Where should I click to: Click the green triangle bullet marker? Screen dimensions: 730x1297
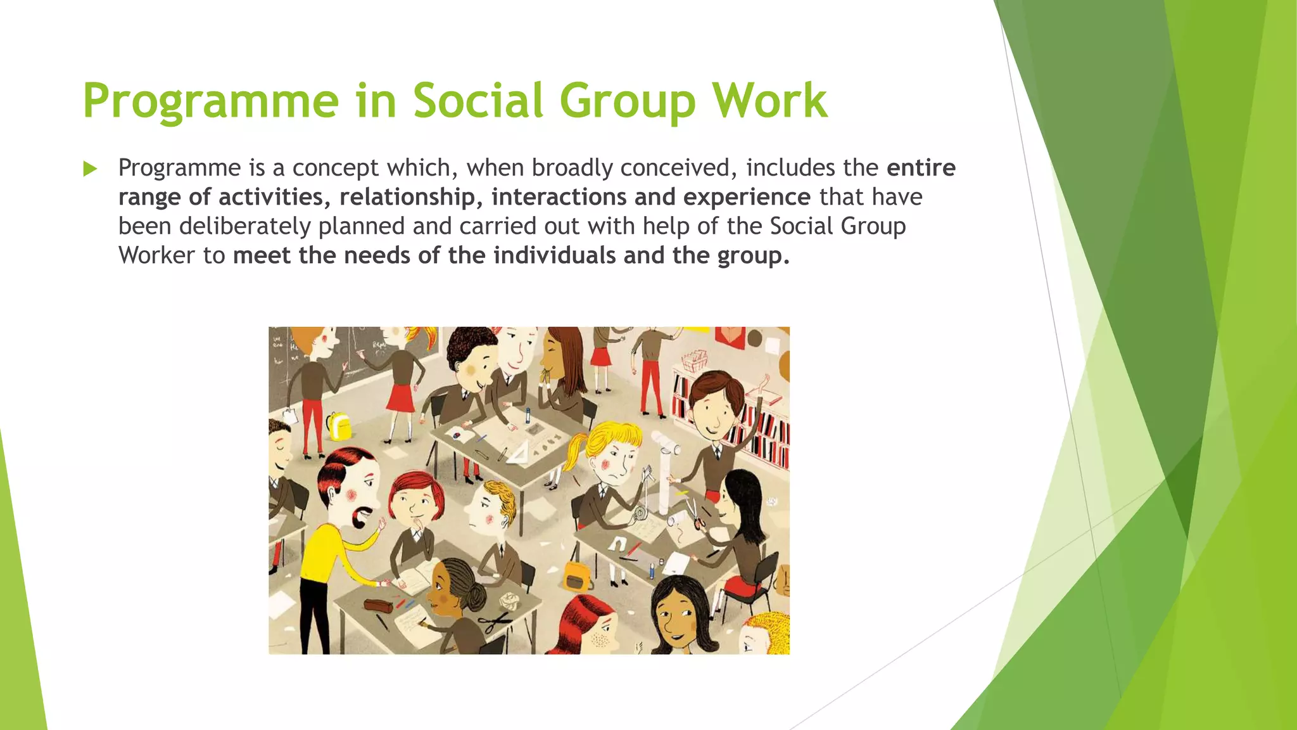91,169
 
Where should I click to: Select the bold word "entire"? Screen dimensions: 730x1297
921,168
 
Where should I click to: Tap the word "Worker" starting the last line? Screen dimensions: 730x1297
156,255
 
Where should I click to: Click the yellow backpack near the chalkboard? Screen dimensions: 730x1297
339,426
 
